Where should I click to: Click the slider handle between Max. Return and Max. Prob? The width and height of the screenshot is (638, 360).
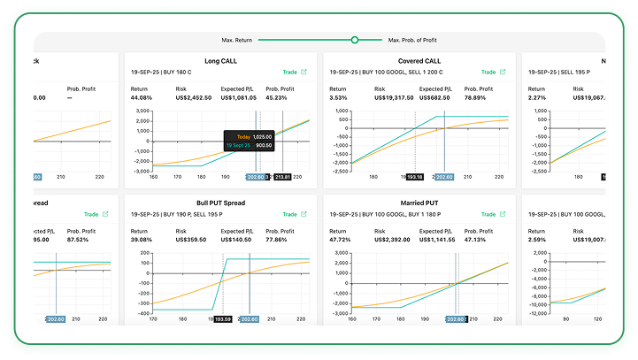(355, 40)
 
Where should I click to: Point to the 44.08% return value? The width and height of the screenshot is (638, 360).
(142, 98)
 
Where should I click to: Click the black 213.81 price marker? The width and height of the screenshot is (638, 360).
(283, 177)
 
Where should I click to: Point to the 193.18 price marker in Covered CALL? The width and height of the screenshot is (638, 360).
(416, 177)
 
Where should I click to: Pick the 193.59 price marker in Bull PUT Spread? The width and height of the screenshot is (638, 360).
(222, 318)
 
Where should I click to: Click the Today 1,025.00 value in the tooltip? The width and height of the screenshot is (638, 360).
(260, 137)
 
